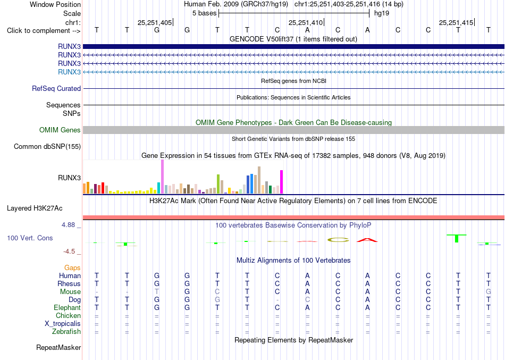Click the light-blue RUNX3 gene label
tap(69, 72)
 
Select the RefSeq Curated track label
tap(56, 88)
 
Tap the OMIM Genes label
tap(60, 130)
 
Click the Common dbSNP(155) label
tap(47, 146)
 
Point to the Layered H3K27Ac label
tap(35, 208)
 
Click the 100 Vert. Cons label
tap(30, 238)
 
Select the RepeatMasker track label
tap(58, 347)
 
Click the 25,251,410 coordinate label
tap(306, 22)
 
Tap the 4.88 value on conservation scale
tap(68, 224)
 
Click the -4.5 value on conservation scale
tap(69, 251)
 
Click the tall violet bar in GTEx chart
tap(162, 177)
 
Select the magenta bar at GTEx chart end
tap(282, 182)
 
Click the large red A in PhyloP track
tap(367, 240)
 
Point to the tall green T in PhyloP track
tap(457, 238)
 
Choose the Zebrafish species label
tap(66, 331)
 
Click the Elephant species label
tap(68, 307)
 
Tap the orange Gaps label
tap(72, 267)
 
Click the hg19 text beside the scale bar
tap(382, 13)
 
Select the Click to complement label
tap(44, 31)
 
